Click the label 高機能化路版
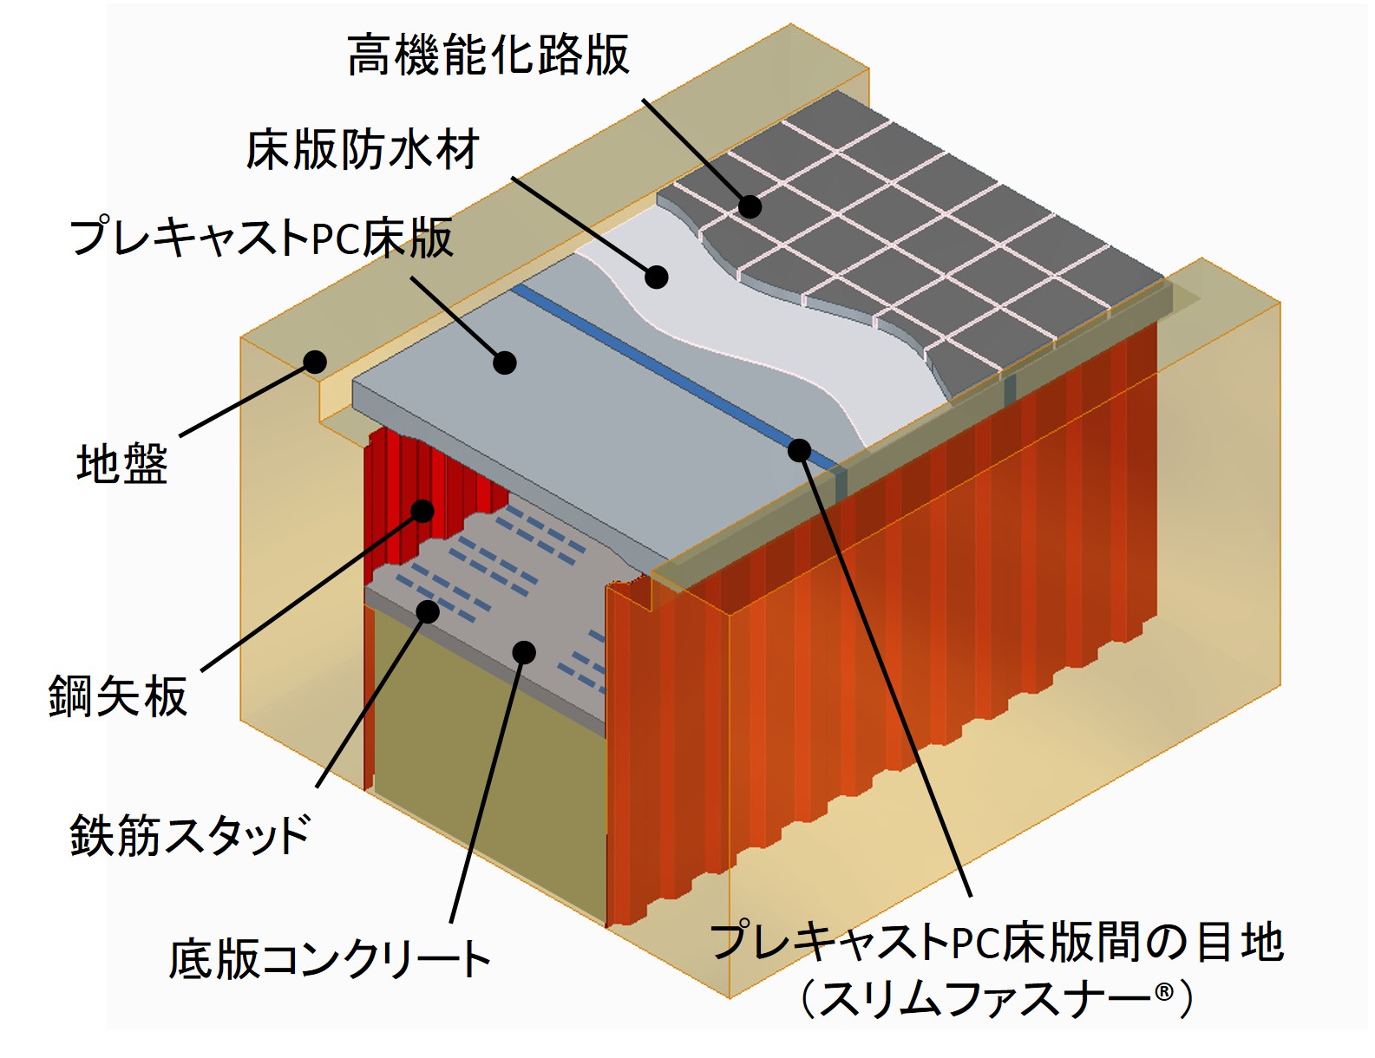pos(488,56)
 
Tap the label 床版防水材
pos(363,150)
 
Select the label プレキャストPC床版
pos(261,238)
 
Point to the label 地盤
pos(121,464)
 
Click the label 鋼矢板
pos(118,696)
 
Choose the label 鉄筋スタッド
pos(190,835)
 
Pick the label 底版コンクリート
pos(330,959)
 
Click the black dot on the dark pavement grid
pos(750,206)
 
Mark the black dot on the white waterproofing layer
pos(657,277)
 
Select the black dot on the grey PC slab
pos(505,362)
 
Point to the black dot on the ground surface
pos(314,361)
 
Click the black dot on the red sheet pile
pos(422,510)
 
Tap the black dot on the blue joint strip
pos(799,450)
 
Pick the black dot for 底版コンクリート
pos(524,652)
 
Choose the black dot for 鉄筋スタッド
pos(428,611)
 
